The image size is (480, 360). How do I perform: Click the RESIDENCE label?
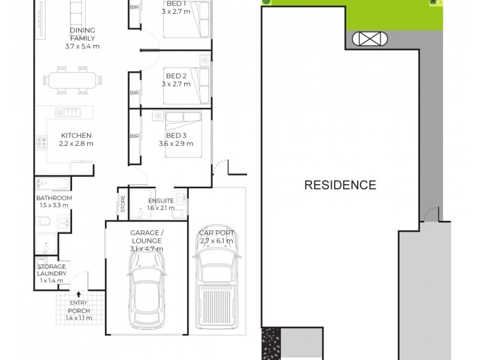(x=340, y=185)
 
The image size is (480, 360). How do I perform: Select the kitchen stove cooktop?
(x=42, y=143)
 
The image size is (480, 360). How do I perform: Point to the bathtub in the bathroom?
(x=53, y=182)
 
